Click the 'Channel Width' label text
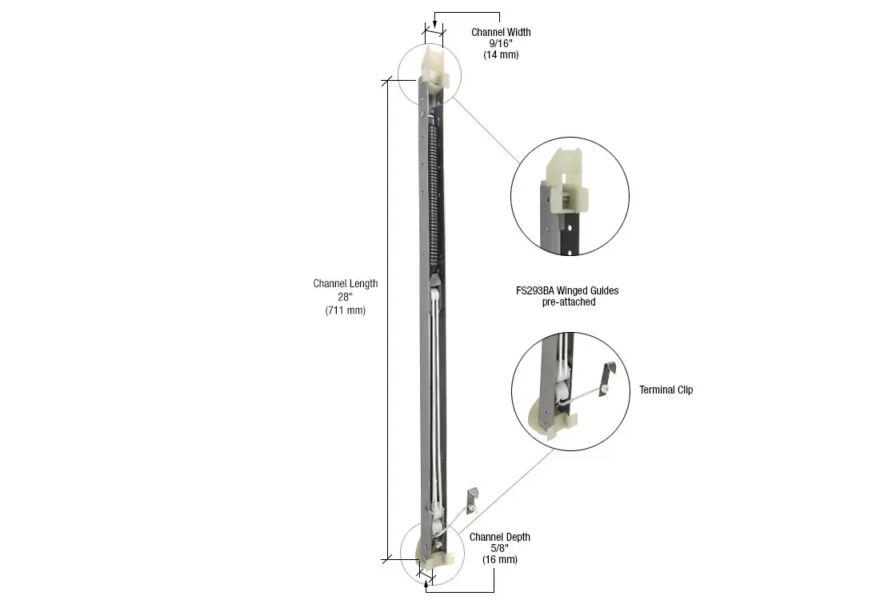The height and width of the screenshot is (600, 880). point(500,33)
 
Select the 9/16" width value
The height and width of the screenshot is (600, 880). point(500,44)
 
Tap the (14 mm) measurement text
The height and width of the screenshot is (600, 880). point(500,55)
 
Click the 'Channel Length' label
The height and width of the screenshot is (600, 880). point(345,284)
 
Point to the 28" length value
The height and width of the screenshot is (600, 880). point(345,297)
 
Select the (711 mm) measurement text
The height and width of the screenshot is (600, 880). point(345,310)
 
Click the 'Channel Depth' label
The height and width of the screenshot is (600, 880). point(499,537)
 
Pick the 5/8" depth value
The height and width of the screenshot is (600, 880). point(499,548)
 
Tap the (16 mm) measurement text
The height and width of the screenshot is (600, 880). point(499,560)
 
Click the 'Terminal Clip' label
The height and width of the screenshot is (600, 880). point(666,390)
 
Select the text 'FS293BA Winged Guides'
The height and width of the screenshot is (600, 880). point(566,290)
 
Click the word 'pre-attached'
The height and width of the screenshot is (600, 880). point(566,302)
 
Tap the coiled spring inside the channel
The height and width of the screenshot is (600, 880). point(434,192)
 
